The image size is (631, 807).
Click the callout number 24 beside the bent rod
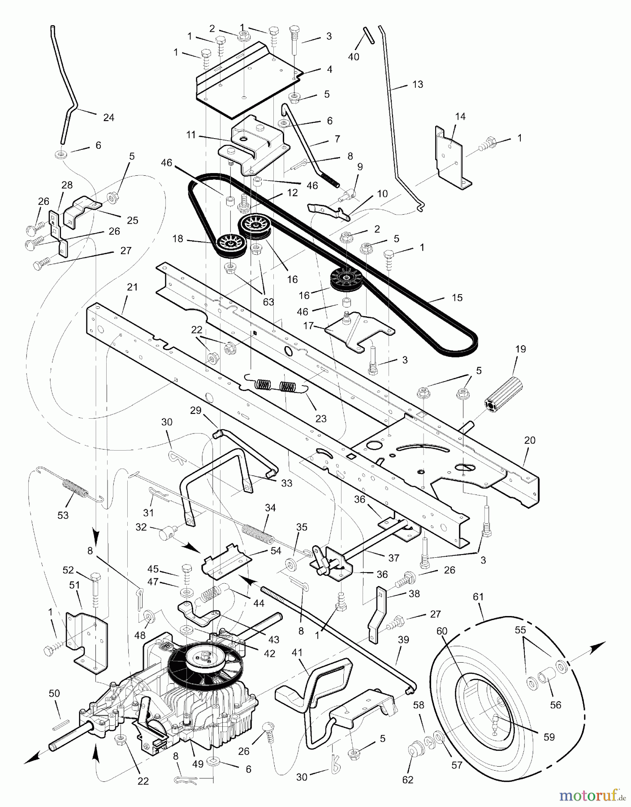pos(108,117)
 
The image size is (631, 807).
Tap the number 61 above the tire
pos(479,597)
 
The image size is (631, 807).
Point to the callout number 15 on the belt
pos(457,298)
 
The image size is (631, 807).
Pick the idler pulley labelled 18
pos(230,245)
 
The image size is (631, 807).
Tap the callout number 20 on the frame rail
pos(530,441)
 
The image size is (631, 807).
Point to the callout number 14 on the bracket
pos(460,117)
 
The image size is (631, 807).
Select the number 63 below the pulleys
pos(268,302)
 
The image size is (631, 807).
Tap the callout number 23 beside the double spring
pos(321,419)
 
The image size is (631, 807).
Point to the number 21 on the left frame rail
pos(132,287)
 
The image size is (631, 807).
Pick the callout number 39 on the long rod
pos(403,640)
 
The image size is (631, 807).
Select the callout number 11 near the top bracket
pos(192,134)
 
